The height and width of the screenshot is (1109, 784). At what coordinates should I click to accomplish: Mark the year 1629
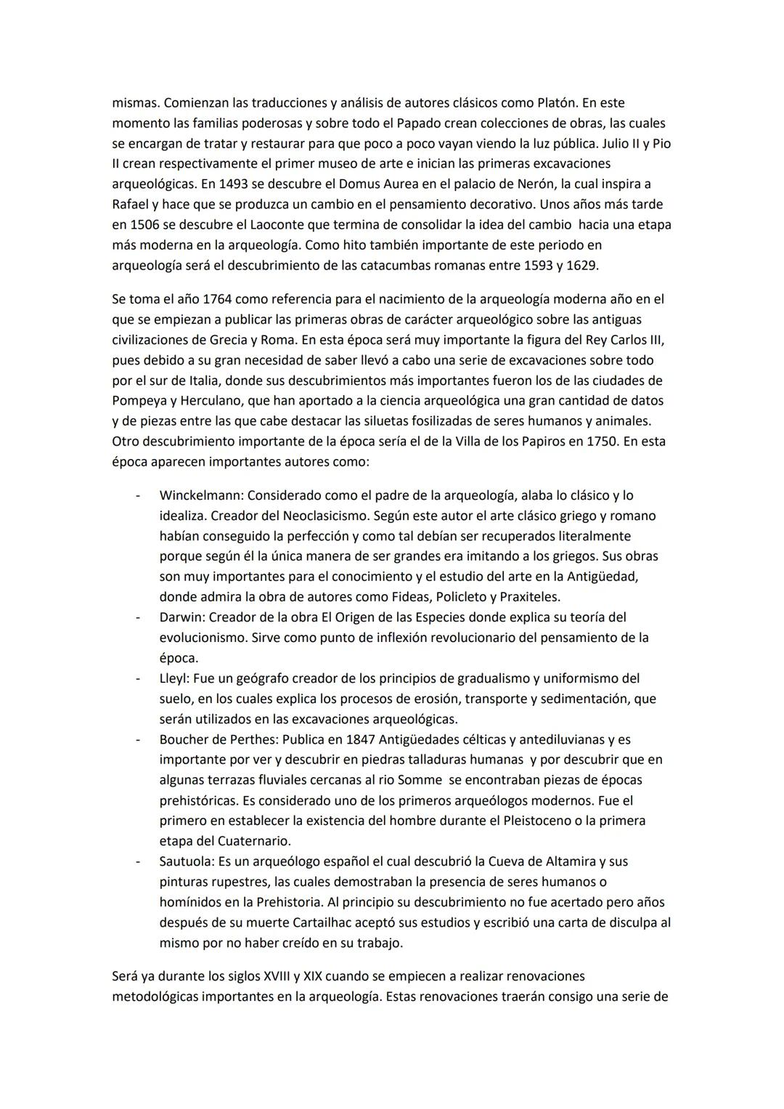pyautogui.click(x=581, y=266)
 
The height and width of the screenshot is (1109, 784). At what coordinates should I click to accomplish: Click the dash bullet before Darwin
pyautogui.click(x=137, y=617)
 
